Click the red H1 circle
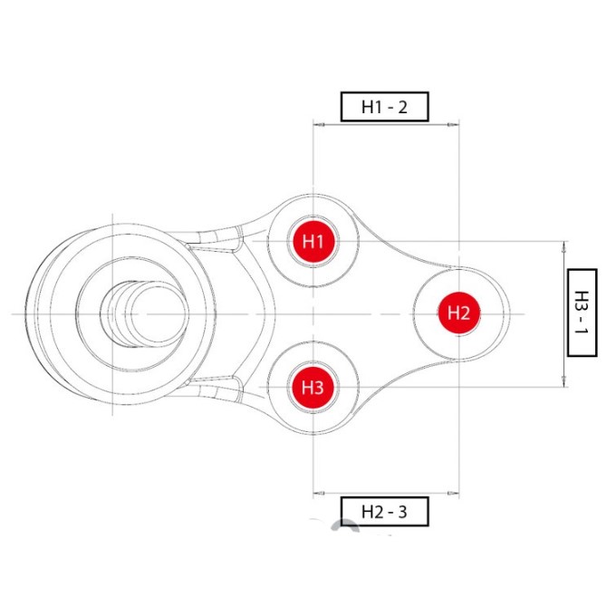(x=313, y=241)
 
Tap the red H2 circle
(x=459, y=313)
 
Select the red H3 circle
(x=313, y=388)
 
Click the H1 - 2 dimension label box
(x=384, y=107)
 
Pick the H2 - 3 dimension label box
(x=384, y=512)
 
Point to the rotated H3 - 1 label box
(x=582, y=313)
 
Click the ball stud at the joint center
(x=144, y=314)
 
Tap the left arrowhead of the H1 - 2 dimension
(x=319, y=125)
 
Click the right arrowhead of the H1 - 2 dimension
(x=453, y=125)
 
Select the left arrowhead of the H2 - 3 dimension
(x=319, y=493)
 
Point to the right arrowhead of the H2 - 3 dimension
(x=453, y=493)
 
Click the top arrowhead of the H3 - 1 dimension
(x=564, y=246)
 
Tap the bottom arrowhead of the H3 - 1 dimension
(x=564, y=381)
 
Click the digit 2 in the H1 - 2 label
(x=402, y=107)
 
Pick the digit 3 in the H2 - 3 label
(x=402, y=512)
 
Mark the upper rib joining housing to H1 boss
(x=214, y=240)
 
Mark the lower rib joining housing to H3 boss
(x=214, y=388)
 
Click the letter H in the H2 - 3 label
(x=367, y=512)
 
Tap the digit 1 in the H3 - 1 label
(x=582, y=329)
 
